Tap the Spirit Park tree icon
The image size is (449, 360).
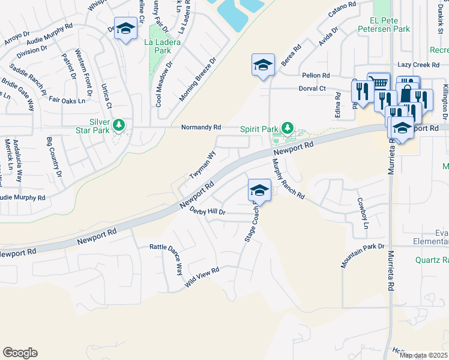[288, 127]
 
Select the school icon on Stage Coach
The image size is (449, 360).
[259, 191]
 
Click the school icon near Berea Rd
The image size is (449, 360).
[263, 64]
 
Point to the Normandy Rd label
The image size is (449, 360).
[202, 127]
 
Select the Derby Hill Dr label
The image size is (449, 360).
[207, 211]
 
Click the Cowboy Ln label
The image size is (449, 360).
[361, 214]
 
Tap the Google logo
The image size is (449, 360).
[20, 353]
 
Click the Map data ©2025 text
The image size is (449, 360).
[423, 355]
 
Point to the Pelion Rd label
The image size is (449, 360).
[316, 76]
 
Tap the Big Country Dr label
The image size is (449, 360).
[55, 158]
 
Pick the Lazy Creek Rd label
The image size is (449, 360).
[418, 64]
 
